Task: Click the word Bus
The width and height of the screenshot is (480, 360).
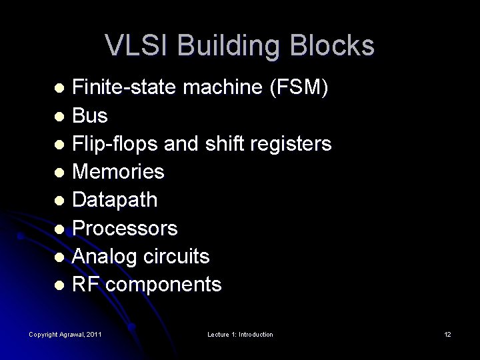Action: (90, 115)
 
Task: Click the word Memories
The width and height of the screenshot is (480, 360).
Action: (118, 172)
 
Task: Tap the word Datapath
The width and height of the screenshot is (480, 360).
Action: (115, 200)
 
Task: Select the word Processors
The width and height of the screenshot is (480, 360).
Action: (125, 229)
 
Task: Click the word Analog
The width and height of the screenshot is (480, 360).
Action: (103, 257)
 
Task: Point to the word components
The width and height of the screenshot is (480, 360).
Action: (164, 285)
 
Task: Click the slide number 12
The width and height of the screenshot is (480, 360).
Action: (447, 334)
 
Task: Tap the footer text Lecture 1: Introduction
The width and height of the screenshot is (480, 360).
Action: (239, 334)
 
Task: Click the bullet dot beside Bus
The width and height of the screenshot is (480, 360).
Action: (60, 117)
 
